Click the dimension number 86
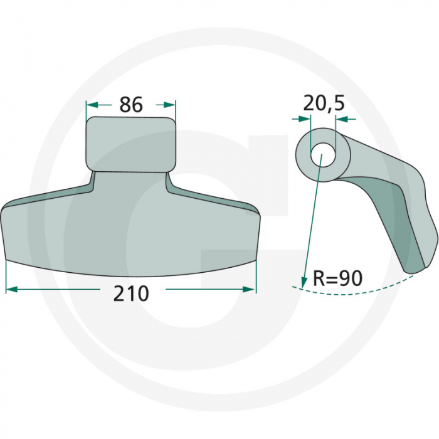point(131,104)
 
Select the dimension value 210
point(131,293)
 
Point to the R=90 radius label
point(337,278)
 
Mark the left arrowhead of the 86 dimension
point(90,105)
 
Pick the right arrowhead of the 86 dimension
point(172,105)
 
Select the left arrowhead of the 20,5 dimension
point(307,118)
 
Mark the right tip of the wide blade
point(257,216)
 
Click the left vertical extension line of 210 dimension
point(6,276)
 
